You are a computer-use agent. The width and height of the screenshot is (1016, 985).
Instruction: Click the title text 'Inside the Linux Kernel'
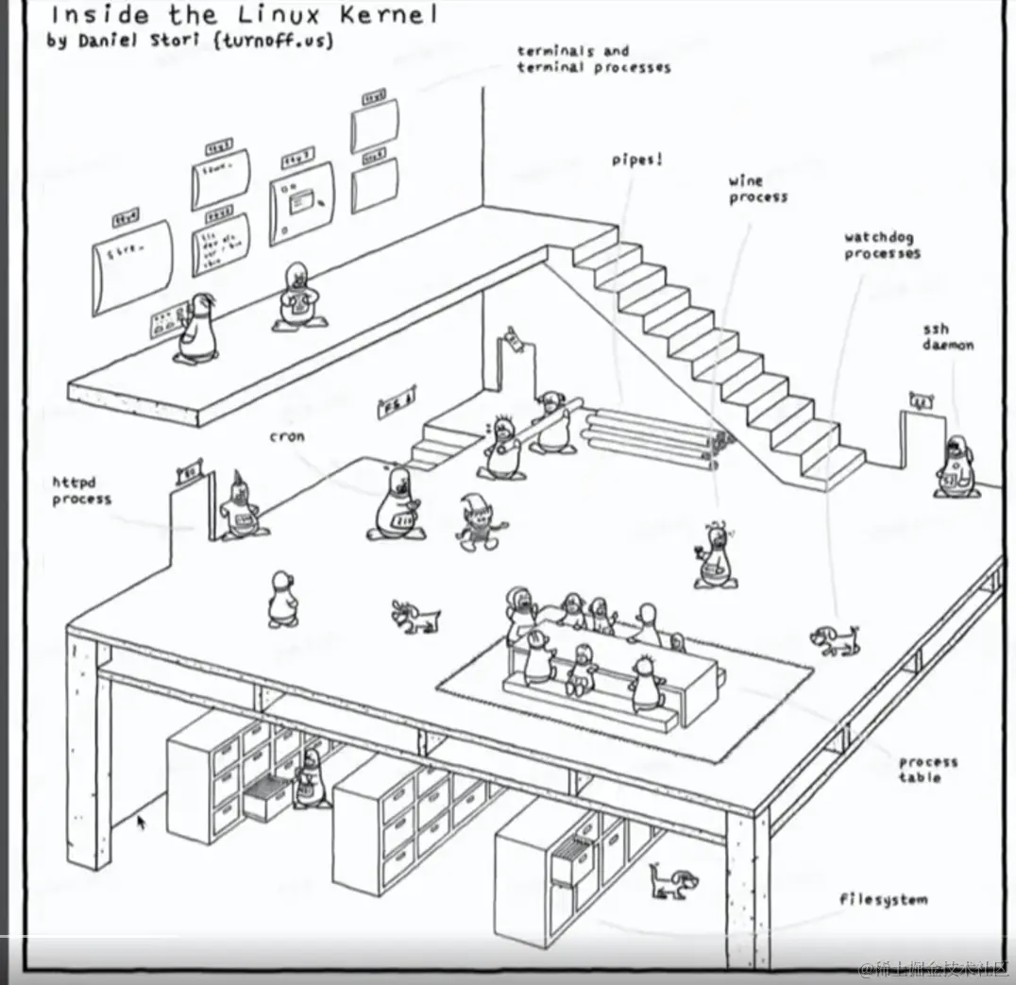(x=244, y=15)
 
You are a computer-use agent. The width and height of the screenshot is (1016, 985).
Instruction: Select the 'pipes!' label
(x=636, y=161)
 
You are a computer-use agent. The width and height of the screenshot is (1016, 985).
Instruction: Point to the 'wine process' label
(x=757, y=189)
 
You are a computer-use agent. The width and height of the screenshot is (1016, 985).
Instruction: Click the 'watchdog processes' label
(x=882, y=246)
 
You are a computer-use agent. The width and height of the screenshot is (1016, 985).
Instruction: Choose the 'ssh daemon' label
(x=947, y=337)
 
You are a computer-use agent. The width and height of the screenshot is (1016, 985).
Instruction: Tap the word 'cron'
(x=287, y=436)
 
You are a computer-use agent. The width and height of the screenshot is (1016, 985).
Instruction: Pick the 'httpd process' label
(x=81, y=491)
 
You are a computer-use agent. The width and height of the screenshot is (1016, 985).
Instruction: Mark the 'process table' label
(x=927, y=769)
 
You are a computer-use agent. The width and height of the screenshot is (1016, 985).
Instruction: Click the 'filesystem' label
(x=883, y=899)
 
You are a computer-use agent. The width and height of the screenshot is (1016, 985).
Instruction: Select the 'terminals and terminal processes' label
(x=593, y=59)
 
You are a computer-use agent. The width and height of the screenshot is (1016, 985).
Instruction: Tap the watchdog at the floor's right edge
(x=837, y=639)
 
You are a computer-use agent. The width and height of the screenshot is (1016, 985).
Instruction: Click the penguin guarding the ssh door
(x=956, y=467)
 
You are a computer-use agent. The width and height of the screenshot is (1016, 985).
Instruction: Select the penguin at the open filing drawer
(x=309, y=780)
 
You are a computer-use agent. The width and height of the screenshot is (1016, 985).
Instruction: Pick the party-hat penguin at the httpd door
(x=240, y=507)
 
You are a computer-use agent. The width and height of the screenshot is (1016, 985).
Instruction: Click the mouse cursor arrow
(x=142, y=823)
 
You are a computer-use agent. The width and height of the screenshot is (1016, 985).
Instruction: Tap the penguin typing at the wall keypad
(x=198, y=329)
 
